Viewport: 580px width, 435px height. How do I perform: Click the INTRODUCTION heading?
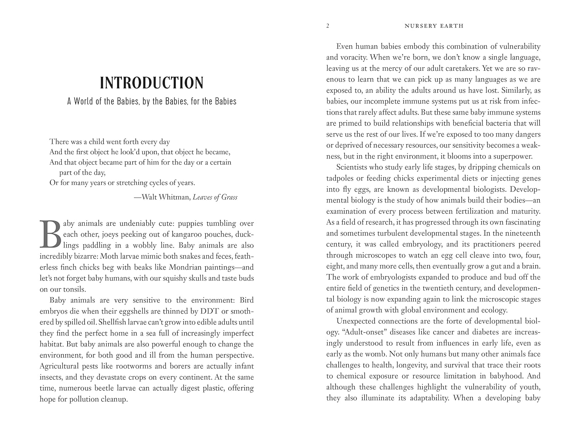pyautogui.click(x=152, y=83)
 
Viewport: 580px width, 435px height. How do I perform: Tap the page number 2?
pyautogui.click(x=328, y=26)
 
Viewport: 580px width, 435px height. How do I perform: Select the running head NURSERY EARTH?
pyautogui.click(x=433, y=26)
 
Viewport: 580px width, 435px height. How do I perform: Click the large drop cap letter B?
pyautogui.click(x=50, y=234)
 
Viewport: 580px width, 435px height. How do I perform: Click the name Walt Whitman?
pyautogui.click(x=166, y=197)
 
